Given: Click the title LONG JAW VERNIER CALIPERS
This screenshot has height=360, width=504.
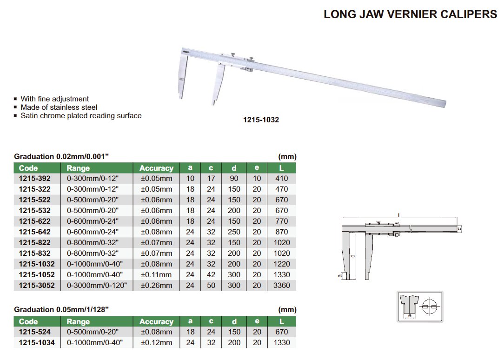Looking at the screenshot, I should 410,14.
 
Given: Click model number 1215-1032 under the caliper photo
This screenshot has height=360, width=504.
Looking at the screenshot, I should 261,120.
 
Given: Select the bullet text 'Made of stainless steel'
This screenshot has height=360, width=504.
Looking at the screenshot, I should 59,107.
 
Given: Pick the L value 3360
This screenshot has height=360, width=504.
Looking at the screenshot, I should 282,286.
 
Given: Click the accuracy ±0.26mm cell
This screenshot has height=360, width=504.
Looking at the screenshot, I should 156,286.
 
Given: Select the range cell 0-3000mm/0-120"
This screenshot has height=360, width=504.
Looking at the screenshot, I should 97,286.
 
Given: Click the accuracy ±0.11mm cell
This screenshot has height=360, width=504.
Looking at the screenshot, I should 156,275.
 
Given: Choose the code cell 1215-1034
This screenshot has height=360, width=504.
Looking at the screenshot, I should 37,343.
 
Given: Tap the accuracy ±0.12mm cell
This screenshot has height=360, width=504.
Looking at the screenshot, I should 156,343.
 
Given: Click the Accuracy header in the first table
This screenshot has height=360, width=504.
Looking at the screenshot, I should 156,168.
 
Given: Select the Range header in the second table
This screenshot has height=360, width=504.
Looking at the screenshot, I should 78,322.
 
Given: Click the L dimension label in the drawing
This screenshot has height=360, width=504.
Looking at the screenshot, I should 399,215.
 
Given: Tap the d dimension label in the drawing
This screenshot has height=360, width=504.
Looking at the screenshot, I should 353,256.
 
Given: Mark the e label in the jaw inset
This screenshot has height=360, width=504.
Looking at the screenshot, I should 409,316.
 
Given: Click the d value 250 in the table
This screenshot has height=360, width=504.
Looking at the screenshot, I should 234,232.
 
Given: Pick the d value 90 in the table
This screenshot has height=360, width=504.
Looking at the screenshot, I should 234,179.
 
